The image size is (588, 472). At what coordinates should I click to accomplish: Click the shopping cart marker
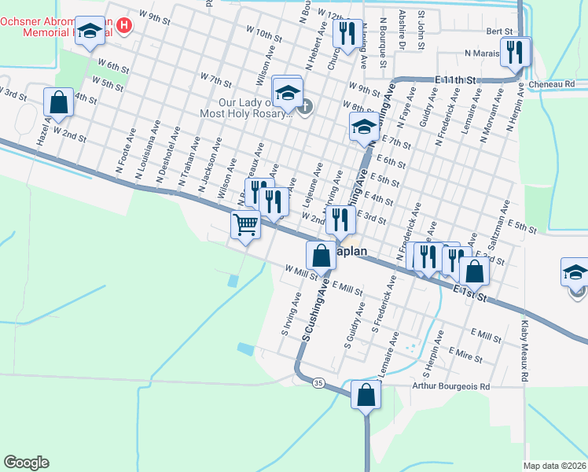245,225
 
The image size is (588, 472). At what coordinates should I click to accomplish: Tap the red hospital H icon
123,27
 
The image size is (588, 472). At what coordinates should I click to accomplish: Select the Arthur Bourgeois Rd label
450,387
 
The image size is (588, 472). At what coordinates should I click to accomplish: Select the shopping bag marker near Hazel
58,102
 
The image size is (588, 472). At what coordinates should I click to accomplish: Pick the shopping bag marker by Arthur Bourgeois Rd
366,395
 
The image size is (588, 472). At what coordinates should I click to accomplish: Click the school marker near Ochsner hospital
90,32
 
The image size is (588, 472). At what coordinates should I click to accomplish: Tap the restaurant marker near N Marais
515,53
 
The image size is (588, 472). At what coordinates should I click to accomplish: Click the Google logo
26,462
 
